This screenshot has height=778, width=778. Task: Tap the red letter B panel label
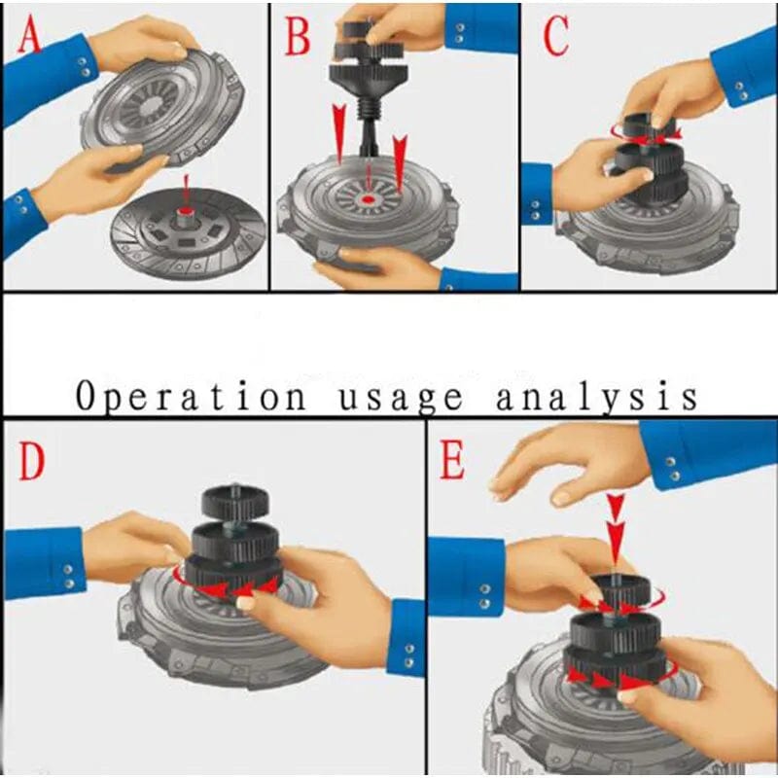298,38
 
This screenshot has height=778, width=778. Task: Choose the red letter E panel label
452,463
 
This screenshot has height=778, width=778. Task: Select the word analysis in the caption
595,397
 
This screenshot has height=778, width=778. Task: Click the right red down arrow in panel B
400,156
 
